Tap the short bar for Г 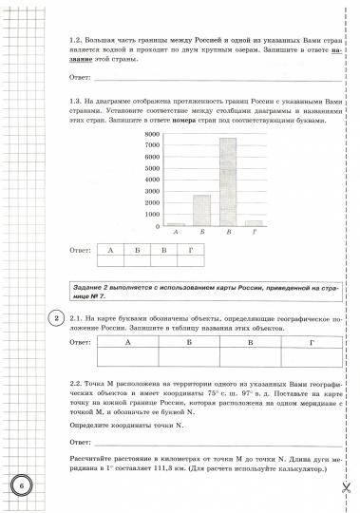254,223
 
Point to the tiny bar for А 177,225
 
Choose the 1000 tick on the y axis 152,215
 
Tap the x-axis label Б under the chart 201,234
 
